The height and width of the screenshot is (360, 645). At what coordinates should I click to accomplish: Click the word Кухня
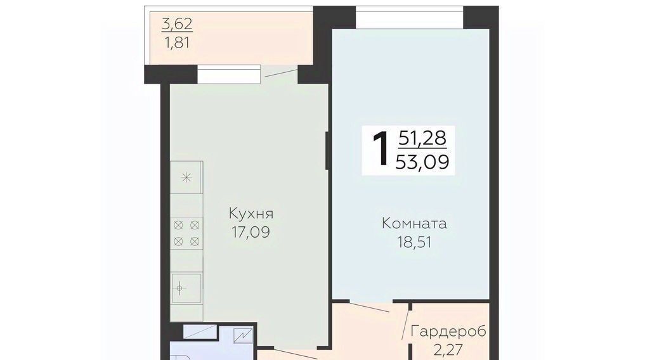click(x=251, y=214)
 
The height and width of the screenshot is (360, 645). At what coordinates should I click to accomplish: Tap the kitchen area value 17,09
click(x=251, y=232)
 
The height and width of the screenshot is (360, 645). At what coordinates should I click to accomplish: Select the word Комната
click(x=414, y=224)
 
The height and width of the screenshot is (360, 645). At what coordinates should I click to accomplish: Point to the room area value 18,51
click(x=415, y=242)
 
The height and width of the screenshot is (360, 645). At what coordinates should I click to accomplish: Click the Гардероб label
click(x=449, y=331)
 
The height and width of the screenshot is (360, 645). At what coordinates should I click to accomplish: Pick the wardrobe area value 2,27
click(x=448, y=350)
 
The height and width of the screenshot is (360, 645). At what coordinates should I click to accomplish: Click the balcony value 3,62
click(x=177, y=24)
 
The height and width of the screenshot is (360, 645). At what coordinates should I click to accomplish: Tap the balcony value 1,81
click(x=178, y=42)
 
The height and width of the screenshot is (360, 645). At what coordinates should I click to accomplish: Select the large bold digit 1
click(x=381, y=150)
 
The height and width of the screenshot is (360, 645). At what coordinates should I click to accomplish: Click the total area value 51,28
click(x=422, y=138)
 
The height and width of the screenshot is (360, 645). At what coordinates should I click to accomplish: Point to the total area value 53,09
click(x=422, y=162)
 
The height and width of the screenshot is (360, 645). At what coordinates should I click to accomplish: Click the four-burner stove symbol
click(x=186, y=233)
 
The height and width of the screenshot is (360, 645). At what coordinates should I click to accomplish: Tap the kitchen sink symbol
click(x=186, y=288)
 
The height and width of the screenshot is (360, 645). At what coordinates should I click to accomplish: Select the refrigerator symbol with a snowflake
click(x=186, y=177)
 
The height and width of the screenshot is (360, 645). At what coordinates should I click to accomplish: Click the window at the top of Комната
click(x=409, y=17)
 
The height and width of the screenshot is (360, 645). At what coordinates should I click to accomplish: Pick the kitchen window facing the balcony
click(x=229, y=74)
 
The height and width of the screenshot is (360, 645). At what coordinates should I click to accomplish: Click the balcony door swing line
click(x=281, y=73)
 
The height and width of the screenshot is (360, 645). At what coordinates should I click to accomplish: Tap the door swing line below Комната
click(x=370, y=307)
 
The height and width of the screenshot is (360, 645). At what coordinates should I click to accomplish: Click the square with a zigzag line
click(x=242, y=336)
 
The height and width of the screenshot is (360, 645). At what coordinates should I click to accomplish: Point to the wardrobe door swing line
click(x=405, y=323)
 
